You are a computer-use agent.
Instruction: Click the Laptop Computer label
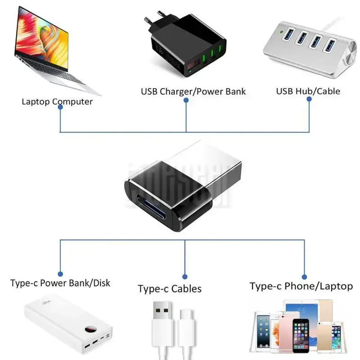57,101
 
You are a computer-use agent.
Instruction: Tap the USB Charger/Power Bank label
193,91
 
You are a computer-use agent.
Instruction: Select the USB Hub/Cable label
308,91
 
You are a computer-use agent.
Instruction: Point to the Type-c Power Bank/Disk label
60,283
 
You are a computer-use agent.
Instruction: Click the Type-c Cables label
170,288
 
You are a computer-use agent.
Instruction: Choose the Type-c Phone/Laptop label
301,286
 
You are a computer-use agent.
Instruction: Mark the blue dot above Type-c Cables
185,276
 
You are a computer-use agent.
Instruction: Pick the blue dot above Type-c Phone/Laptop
304,277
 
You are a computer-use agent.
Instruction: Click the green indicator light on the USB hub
281,32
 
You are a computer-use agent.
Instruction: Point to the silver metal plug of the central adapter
207,166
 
